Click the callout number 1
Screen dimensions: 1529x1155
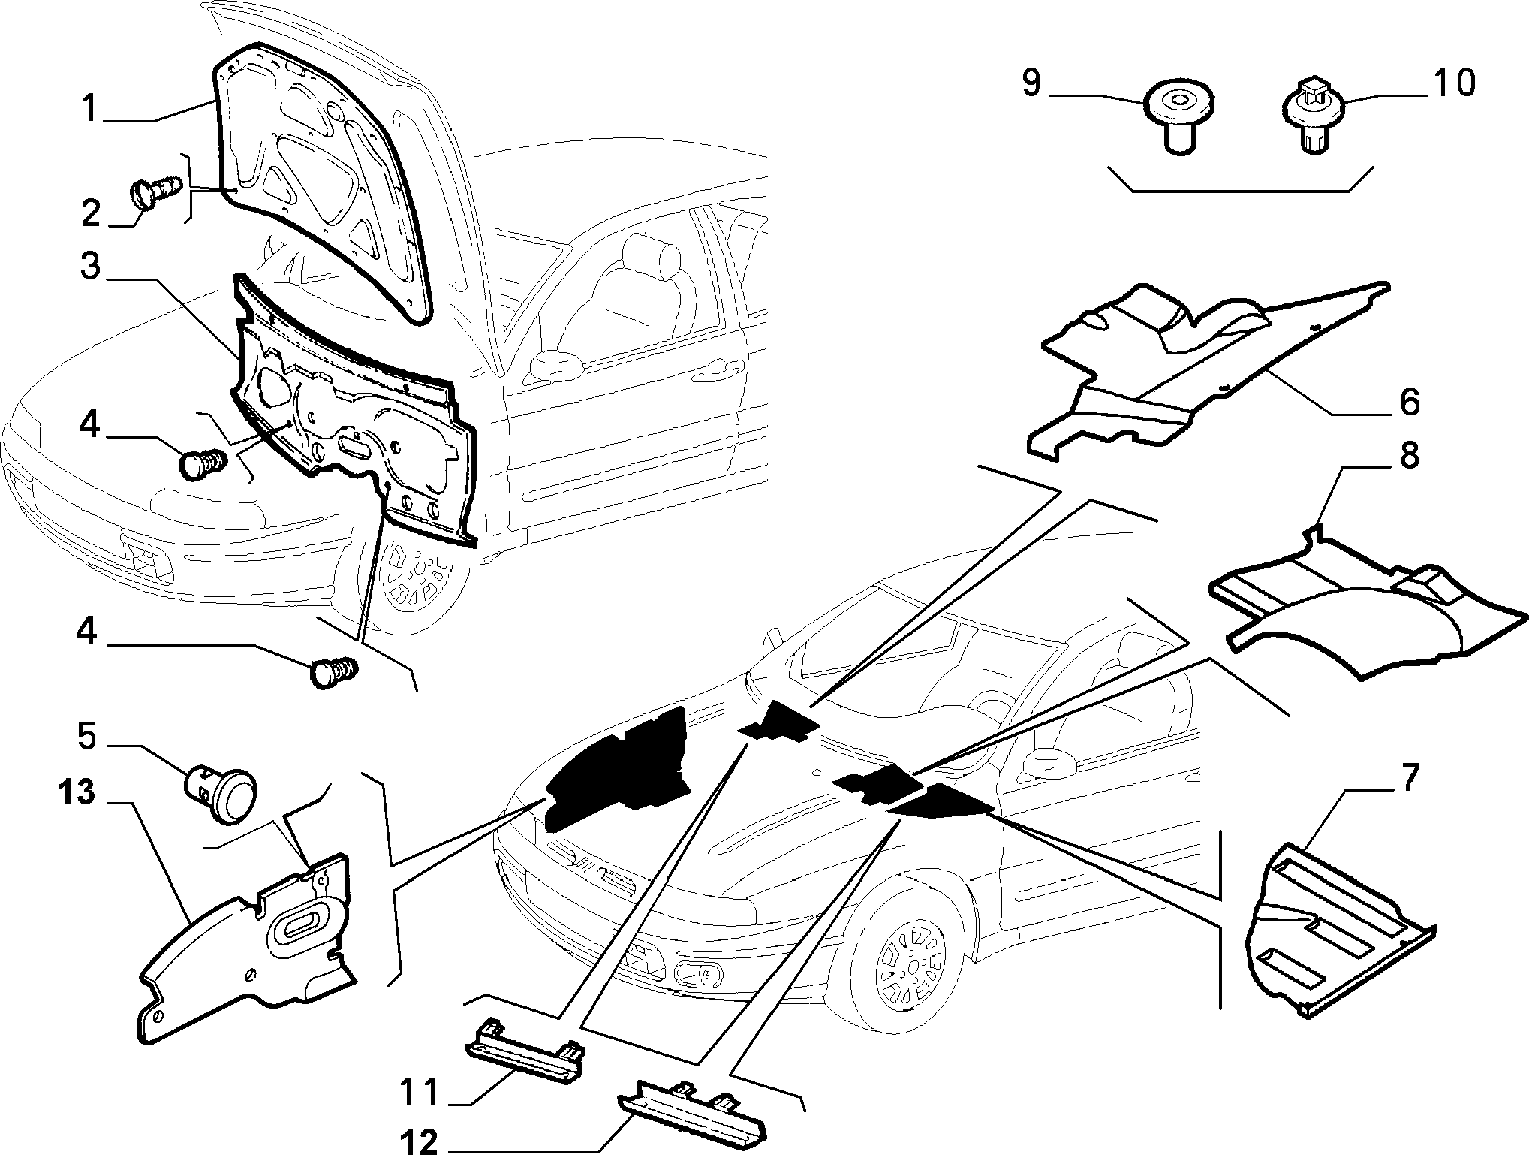tap(89, 108)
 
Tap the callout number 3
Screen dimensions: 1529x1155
tap(90, 266)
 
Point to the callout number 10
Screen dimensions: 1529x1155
tap(1453, 83)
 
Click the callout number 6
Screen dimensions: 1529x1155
tap(1409, 402)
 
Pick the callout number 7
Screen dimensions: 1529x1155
tap(1409, 779)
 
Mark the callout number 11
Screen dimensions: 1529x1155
tap(419, 1092)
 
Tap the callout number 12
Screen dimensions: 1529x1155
tap(417, 1142)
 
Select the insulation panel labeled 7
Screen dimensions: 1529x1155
tap(1340, 930)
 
